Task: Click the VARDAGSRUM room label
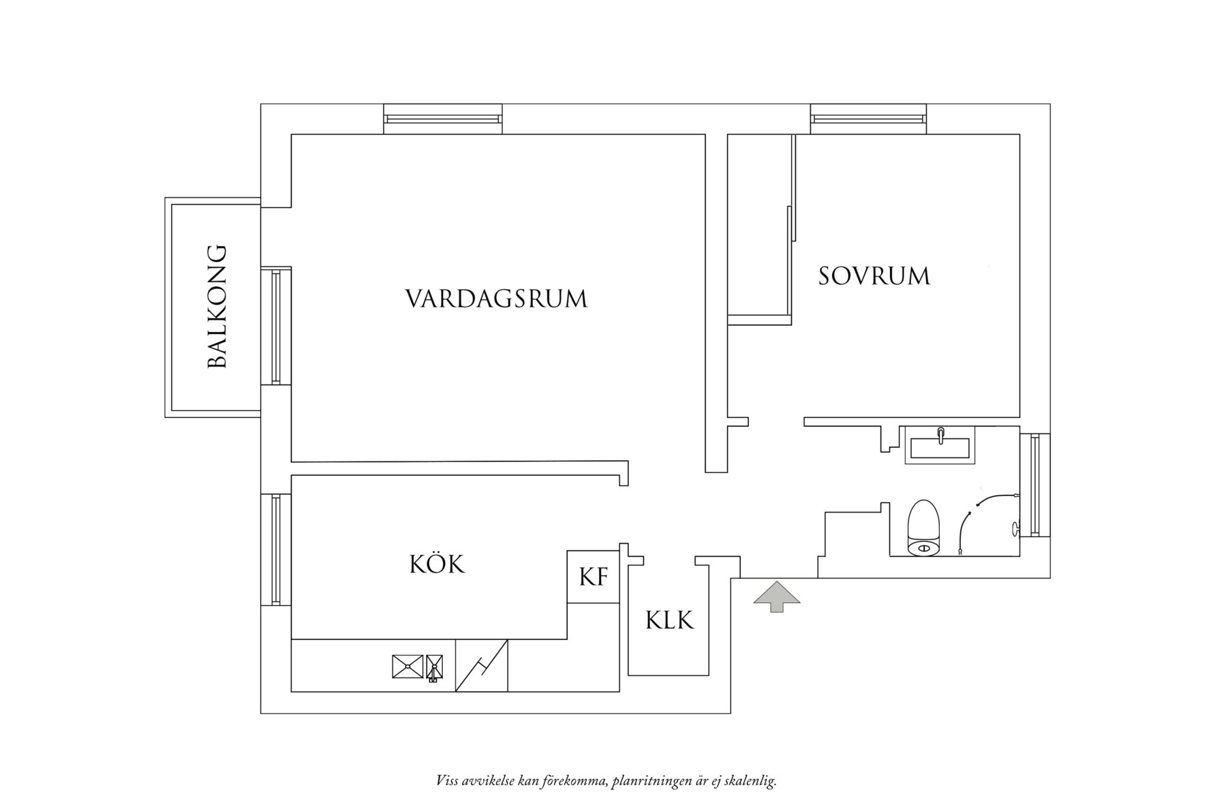(x=496, y=299)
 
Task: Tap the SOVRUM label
(x=874, y=276)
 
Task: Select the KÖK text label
(x=437, y=564)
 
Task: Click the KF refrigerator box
(x=593, y=577)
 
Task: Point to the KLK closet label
(x=669, y=620)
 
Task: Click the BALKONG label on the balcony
(x=216, y=307)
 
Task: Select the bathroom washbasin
(x=940, y=446)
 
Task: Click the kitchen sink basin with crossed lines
(x=408, y=666)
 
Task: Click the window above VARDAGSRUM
(x=443, y=119)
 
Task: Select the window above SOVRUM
(x=868, y=119)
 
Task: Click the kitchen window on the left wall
(x=276, y=549)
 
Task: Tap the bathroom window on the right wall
(x=1035, y=485)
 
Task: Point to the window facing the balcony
(x=276, y=326)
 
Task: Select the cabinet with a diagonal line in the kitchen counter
(x=481, y=666)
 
